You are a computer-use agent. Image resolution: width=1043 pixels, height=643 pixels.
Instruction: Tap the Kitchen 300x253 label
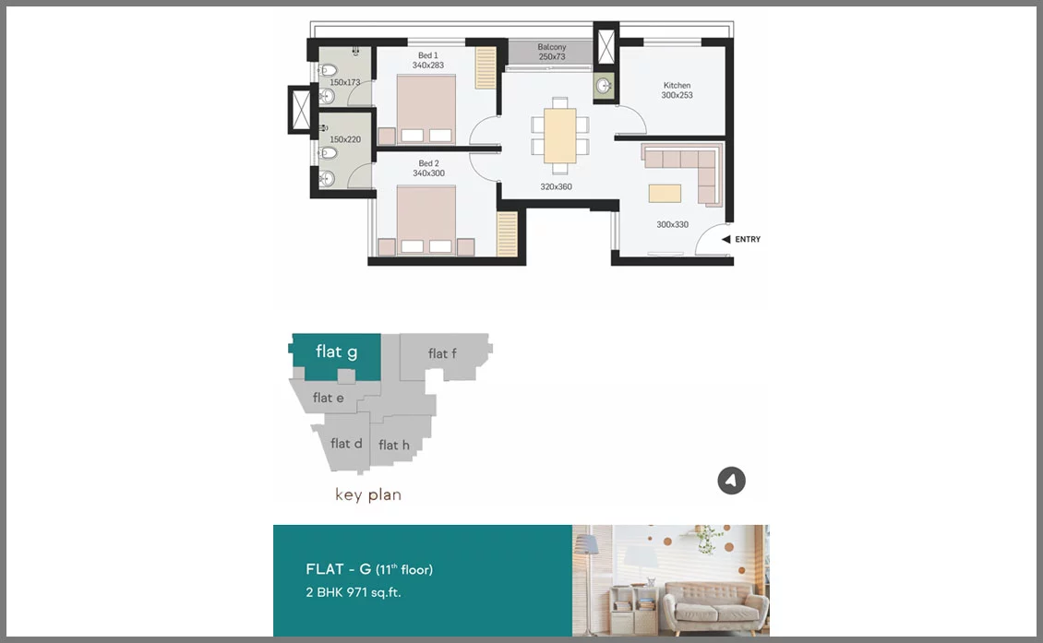677,90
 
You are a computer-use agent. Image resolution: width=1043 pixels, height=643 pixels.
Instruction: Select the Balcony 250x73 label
552,52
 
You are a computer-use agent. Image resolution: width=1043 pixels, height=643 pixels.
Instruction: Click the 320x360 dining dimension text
556,187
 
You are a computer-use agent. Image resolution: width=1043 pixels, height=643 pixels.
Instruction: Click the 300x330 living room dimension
673,225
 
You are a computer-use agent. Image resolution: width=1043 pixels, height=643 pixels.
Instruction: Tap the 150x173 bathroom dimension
344,82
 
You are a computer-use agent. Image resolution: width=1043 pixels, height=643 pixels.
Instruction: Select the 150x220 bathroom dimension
345,139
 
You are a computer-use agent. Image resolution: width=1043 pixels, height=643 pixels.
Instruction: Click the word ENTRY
748,239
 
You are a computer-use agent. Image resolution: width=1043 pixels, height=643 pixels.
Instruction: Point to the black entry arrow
726,239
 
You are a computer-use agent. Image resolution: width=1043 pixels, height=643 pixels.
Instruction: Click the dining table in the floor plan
560,136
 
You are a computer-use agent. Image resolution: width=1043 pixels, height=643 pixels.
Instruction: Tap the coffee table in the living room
665,193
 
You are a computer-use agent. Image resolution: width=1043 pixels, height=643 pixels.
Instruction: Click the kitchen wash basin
604,86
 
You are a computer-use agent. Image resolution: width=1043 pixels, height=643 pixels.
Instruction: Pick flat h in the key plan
395,444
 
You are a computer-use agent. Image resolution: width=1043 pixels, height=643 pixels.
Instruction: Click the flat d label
346,444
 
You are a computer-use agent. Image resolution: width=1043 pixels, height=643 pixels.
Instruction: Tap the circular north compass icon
732,481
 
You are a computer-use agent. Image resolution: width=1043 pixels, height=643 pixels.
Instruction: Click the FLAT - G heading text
338,569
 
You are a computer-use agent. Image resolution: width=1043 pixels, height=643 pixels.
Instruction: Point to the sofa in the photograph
715,605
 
